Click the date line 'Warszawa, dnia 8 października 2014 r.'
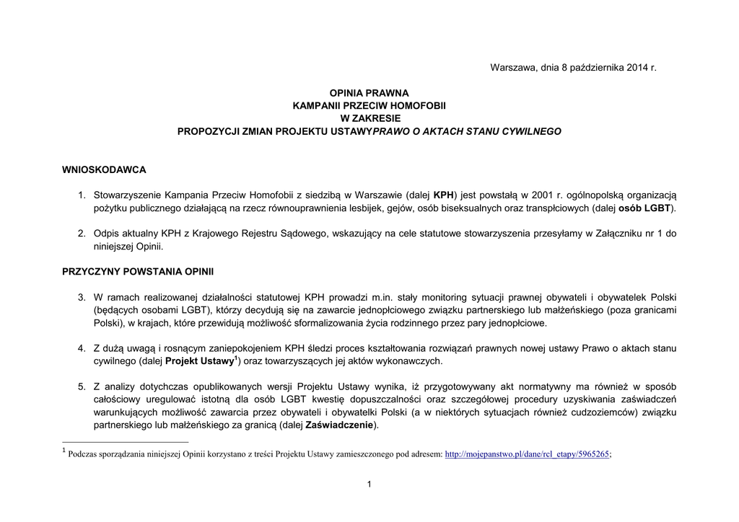tap(574, 67)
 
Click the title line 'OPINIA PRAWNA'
tap(369, 93)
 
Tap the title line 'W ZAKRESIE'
tap(369, 118)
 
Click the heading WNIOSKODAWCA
tap(104, 169)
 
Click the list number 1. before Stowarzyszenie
tap(82, 195)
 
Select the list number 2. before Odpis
tap(82, 234)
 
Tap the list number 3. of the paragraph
tap(82, 297)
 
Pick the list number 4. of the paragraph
tap(82, 348)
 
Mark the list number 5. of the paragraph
tap(82, 387)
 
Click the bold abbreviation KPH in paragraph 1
tap(443, 195)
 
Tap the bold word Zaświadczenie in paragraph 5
tap(342, 425)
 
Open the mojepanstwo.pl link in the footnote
tap(527, 454)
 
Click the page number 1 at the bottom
tap(369, 484)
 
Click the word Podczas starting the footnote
tap(83, 454)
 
